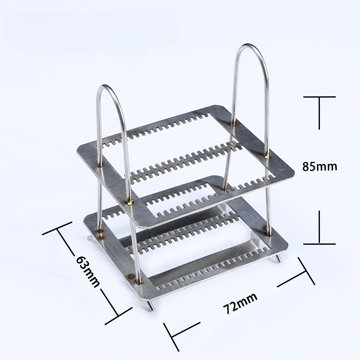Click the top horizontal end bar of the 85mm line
319,97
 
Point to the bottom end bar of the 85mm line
319,243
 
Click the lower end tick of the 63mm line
119,315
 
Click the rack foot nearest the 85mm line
279,258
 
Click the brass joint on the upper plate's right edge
268,156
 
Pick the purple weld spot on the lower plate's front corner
131,276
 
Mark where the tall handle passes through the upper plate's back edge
234,121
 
